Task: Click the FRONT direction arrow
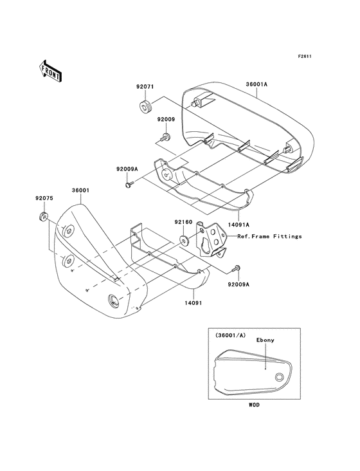click(x=50, y=71)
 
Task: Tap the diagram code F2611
click(x=305, y=56)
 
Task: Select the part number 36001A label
click(x=256, y=84)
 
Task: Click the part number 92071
click(x=145, y=87)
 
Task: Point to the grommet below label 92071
click(x=145, y=107)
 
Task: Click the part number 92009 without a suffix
click(x=166, y=119)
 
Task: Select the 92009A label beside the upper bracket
click(x=127, y=169)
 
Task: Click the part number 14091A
click(x=239, y=225)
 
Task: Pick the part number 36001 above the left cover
click(x=80, y=190)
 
